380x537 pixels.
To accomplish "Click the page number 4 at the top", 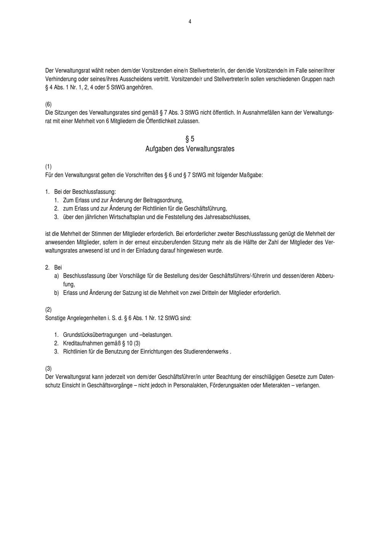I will coord(190,22).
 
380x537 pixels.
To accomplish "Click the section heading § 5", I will coord(190,139).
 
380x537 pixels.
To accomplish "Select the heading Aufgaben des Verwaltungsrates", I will coord(190,149).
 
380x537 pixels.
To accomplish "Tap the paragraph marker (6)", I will coord(48,104).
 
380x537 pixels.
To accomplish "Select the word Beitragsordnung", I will coord(163,200).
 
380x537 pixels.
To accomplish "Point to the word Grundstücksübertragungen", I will coord(95,335).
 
